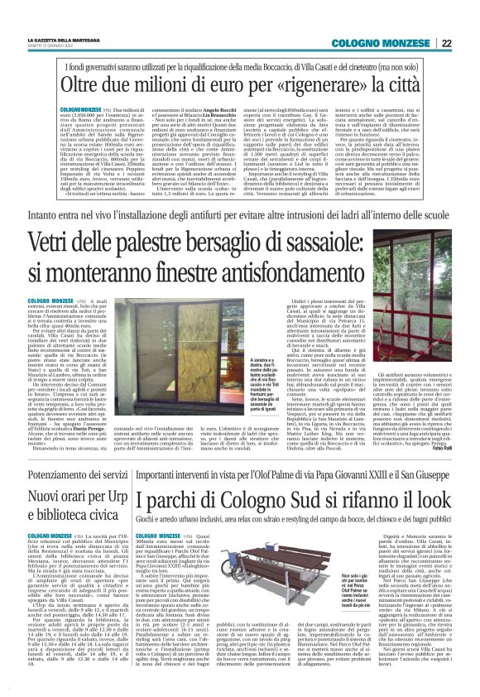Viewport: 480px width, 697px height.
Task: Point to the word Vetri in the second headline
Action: (x=74, y=242)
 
